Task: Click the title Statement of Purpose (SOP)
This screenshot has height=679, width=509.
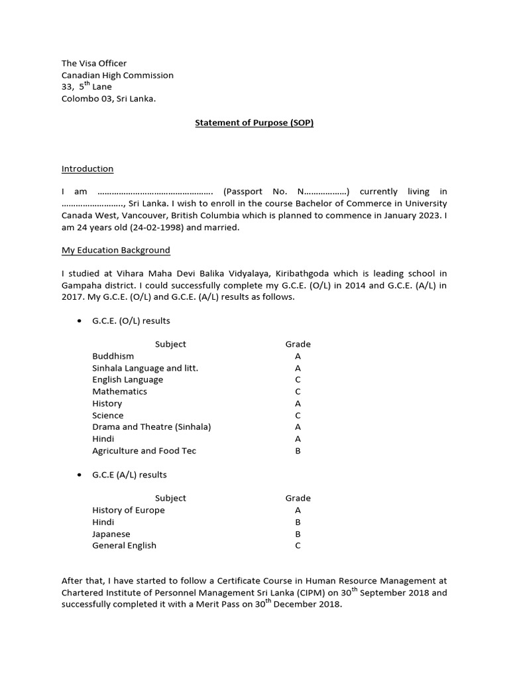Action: click(x=254, y=123)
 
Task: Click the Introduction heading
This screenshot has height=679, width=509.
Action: click(x=87, y=169)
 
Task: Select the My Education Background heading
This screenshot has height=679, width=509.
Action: click(x=116, y=250)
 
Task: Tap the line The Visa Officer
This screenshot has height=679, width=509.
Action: click(x=94, y=64)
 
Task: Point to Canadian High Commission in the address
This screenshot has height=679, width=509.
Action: click(x=117, y=76)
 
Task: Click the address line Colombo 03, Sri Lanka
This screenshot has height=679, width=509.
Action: click(x=109, y=99)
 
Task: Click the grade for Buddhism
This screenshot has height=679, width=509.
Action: click(x=298, y=356)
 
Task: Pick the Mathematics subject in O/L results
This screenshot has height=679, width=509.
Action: click(x=120, y=392)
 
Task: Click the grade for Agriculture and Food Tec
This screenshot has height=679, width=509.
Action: click(x=298, y=451)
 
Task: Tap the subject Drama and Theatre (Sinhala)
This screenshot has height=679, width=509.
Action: click(x=152, y=427)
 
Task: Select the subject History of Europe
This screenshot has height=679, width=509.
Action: click(x=129, y=511)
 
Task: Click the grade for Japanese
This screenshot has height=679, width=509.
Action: click(x=298, y=534)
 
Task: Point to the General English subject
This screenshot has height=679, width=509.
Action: click(x=125, y=546)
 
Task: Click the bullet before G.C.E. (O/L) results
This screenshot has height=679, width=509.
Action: click(x=78, y=321)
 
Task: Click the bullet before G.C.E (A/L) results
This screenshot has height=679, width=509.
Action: click(x=78, y=475)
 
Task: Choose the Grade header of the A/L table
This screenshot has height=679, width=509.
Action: click(x=298, y=498)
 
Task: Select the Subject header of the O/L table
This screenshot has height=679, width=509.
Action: click(x=170, y=344)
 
